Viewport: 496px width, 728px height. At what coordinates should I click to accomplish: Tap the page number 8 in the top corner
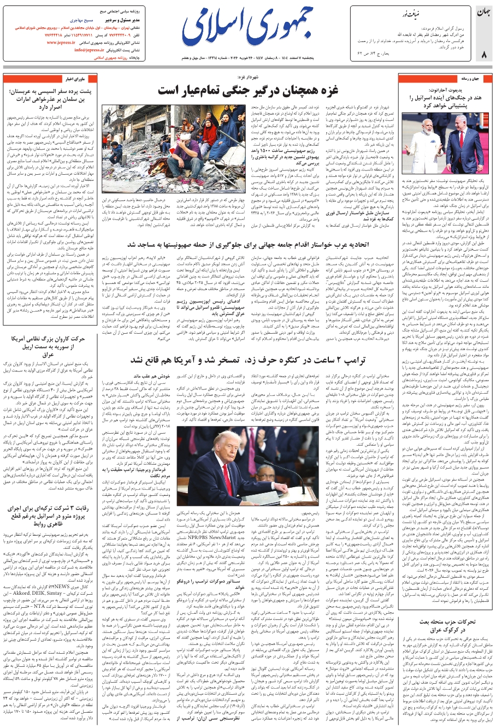point(483,54)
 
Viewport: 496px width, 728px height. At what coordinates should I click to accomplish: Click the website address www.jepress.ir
point(69,42)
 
